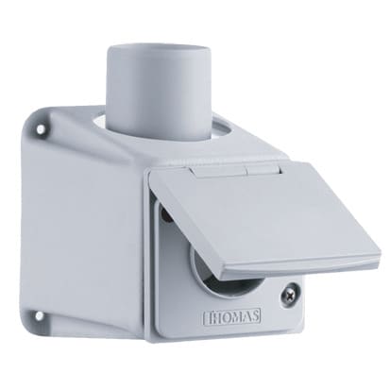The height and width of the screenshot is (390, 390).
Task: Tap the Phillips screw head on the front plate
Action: (289, 292)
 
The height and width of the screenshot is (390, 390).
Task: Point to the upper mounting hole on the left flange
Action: (41, 129)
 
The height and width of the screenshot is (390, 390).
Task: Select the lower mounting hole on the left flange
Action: (39, 314)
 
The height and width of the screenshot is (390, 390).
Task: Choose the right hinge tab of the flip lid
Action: (263, 169)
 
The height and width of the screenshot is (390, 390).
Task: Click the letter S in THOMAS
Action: (255, 315)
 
